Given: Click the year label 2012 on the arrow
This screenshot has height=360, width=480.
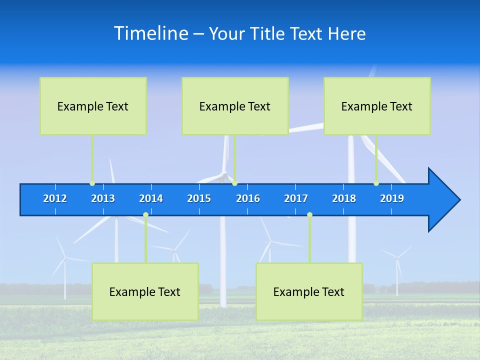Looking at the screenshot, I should pyautogui.click(x=55, y=198).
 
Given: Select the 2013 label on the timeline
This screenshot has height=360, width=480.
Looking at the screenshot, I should pyautogui.click(x=103, y=198).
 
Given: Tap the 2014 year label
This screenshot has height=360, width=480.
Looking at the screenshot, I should pyautogui.click(x=151, y=198).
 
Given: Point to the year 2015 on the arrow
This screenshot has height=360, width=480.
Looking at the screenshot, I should pyautogui.click(x=199, y=198).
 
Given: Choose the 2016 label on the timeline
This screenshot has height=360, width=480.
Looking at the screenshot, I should pyautogui.click(x=248, y=198).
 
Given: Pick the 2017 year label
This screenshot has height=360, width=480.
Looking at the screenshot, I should pyautogui.click(x=296, y=198).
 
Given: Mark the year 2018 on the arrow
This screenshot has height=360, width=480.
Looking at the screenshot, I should pyautogui.click(x=344, y=198).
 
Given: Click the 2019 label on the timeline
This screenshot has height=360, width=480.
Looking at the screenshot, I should pyautogui.click(x=392, y=198).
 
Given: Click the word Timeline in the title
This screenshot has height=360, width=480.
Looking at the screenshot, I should pyautogui.click(x=150, y=33).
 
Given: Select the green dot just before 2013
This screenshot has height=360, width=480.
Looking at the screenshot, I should pyautogui.click(x=92, y=183).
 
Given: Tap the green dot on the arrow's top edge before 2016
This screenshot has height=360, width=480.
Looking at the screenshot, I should pyautogui.click(x=234, y=183).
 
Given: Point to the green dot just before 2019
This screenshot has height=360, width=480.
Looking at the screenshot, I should pyautogui.click(x=376, y=183).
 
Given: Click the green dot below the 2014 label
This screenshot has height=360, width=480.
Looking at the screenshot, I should pyautogui.click(x=145, y=215).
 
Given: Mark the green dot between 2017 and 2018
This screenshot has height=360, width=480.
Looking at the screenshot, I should pyautogui.click(x=309, y=215).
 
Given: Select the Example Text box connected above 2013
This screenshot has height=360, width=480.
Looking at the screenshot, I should pyautogui.click(x=93, y=106).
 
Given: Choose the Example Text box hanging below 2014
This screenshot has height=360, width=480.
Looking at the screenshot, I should pyautogui.click(x=145, y=291).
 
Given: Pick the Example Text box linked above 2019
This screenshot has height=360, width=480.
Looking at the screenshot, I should pyautogui.click(x=377, y=106).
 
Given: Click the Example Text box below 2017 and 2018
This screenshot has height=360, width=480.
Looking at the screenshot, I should pyautogui.click(x=309, y=291).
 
